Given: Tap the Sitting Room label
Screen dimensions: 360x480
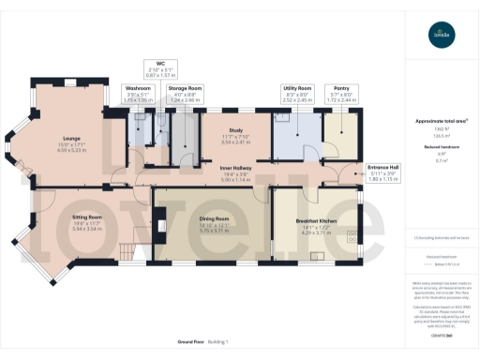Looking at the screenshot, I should point(86,216).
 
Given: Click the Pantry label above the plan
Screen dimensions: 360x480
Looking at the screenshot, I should point(340,87).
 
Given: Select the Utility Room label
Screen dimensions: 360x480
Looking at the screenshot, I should point(296,87).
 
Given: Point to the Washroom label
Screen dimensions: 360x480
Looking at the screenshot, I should point(138,87).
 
